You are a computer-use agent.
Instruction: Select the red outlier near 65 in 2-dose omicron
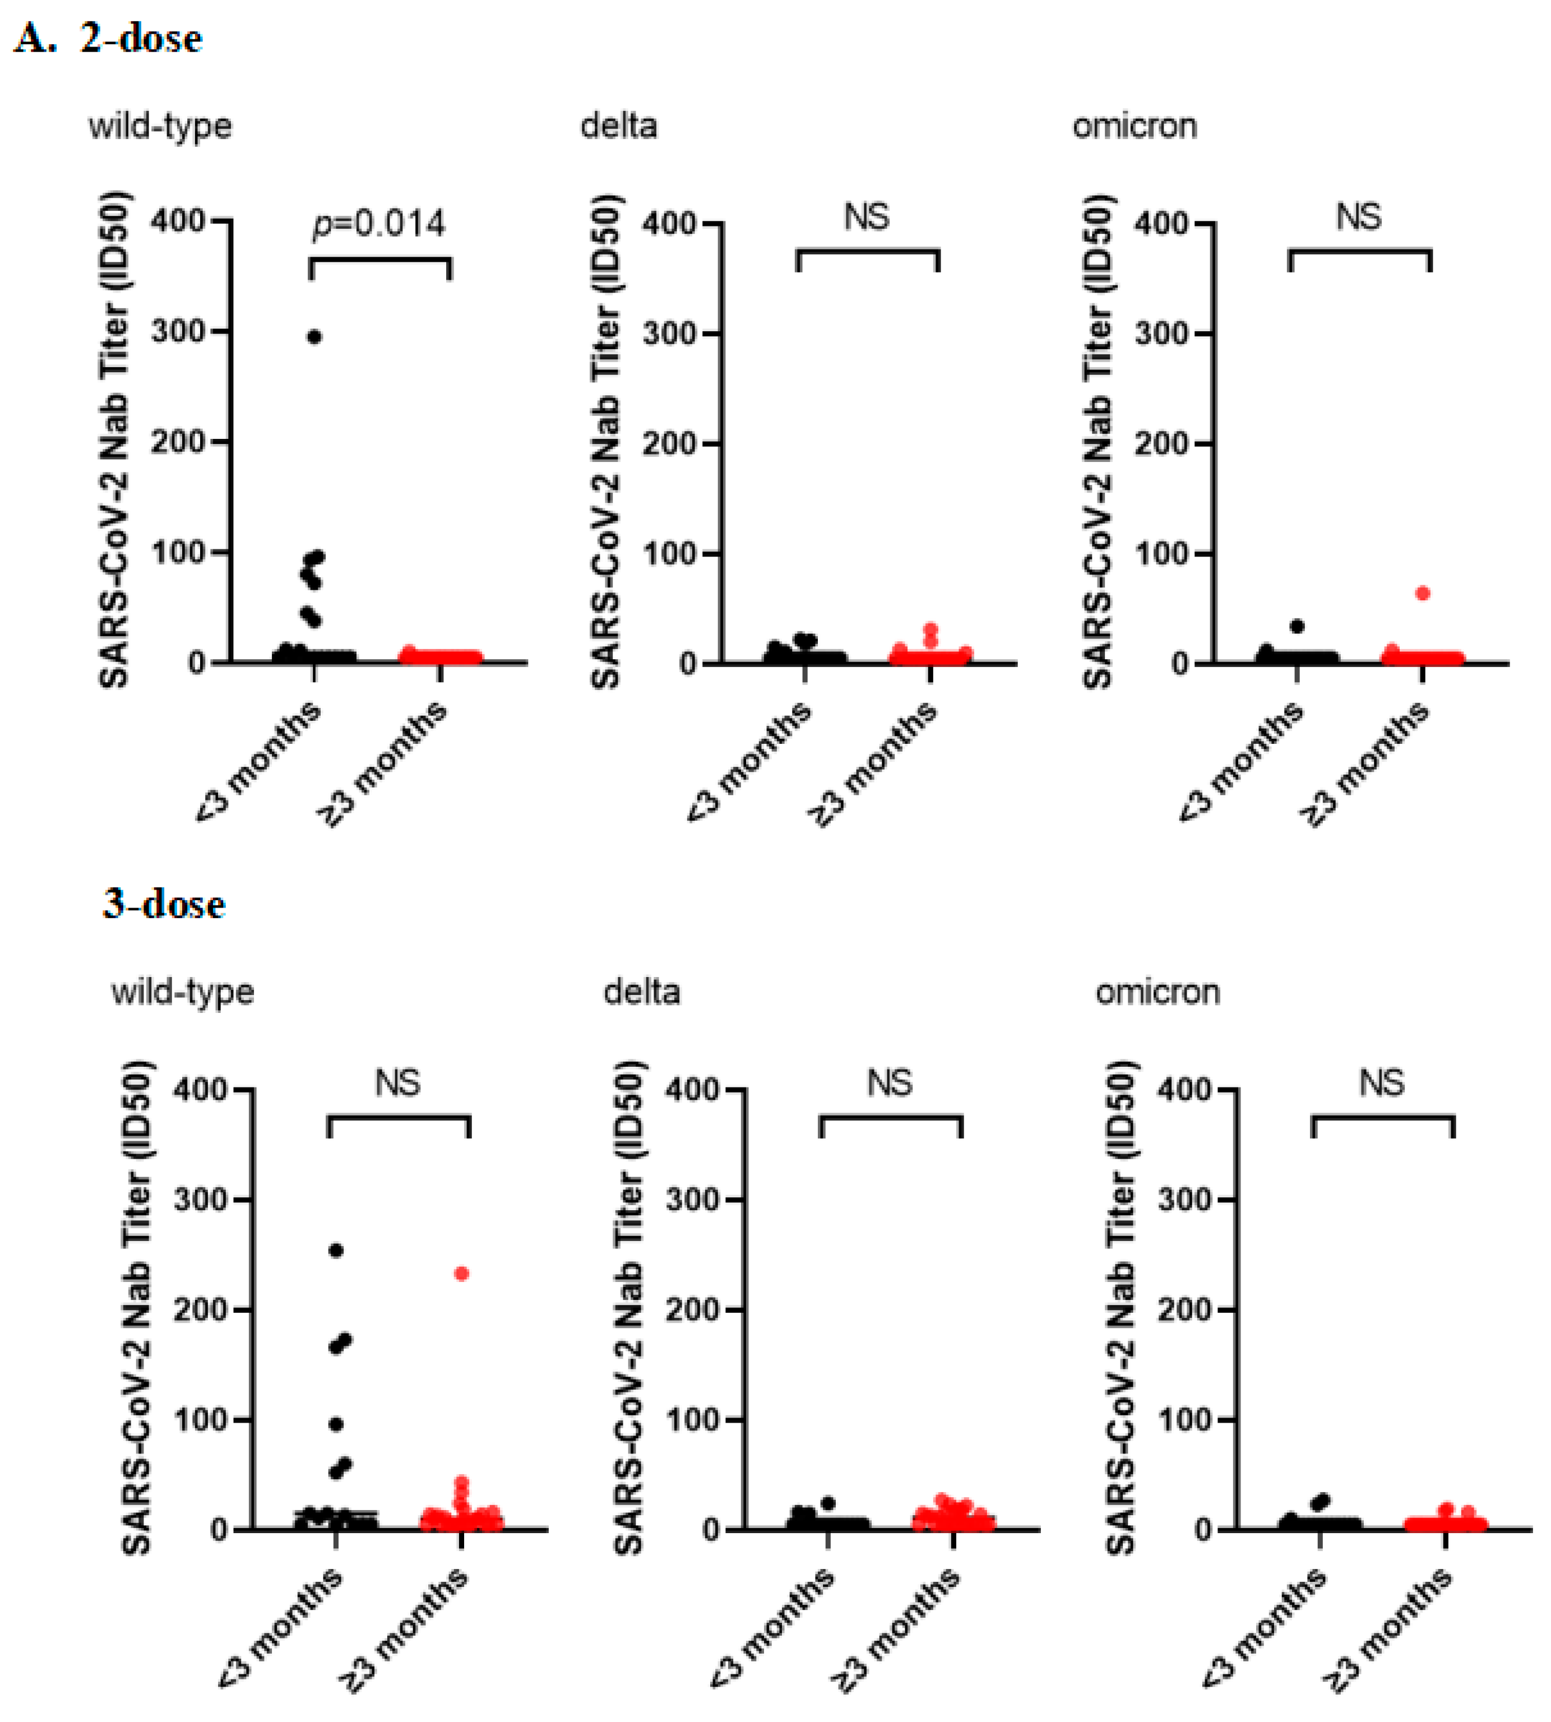[1422, 593]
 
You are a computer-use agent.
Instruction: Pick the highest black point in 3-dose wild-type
[336, 1250]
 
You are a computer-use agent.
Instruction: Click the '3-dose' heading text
[164, 904]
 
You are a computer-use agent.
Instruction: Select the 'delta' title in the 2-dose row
[619, 126]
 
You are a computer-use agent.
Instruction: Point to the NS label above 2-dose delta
[867, 217]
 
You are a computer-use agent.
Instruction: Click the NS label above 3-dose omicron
[1381, 1083]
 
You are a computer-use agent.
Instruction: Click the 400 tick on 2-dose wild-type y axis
[178, 221]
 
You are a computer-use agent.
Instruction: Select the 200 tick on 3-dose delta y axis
[693, 1309]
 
